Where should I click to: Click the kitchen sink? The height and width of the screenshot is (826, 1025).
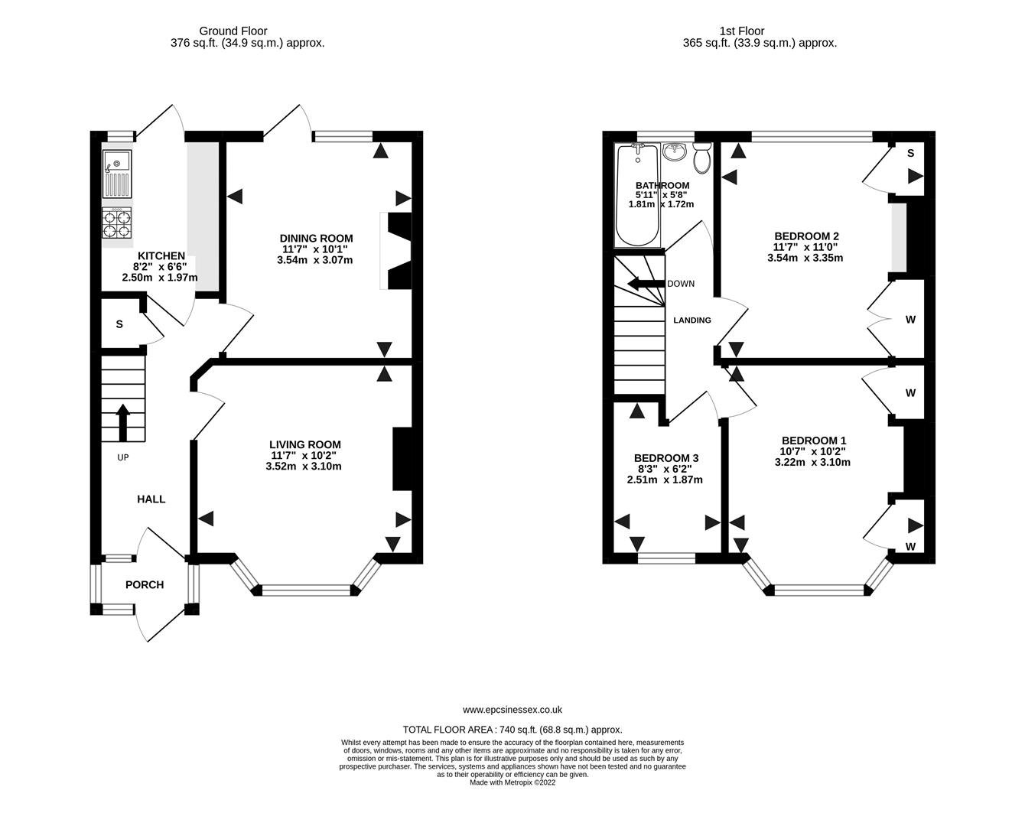[117, 174]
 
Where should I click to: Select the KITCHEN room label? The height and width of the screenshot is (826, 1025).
[161, 255]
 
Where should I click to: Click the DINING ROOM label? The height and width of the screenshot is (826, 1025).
[316, 238]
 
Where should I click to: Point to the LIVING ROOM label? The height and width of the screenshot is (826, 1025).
[305, 444]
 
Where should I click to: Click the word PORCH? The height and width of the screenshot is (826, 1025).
[145, 584]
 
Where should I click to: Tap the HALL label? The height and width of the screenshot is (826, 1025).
[151, 499]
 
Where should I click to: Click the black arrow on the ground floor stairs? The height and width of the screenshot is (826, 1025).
[123, 422]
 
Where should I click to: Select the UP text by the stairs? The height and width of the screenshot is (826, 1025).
[123, 457]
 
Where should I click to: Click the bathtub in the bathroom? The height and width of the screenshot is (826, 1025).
[638, 196]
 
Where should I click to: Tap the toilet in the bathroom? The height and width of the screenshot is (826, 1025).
[701, 158]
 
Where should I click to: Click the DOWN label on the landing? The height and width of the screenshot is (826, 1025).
[681, 284]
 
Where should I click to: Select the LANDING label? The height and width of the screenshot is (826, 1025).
[692, 320]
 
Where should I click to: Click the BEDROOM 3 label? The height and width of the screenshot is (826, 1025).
[666, 458]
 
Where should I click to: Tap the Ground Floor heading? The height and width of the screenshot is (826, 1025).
[233, 31]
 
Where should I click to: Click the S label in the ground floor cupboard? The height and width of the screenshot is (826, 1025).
[119, 324]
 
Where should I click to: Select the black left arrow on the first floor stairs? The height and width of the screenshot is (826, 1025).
[646, 285]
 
